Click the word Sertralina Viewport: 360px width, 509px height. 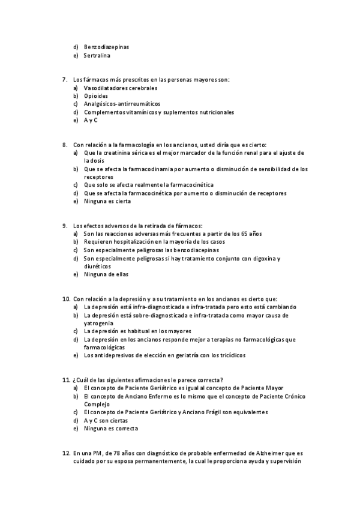coord(97,56)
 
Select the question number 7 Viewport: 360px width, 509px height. coord(65,79)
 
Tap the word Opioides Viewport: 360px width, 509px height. coord(96,95)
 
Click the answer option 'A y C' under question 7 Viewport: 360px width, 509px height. coord(91,120)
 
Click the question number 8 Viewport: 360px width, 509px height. coord(65,145)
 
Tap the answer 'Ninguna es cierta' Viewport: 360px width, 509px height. coord(107,202)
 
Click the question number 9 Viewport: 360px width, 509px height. coord(65,225)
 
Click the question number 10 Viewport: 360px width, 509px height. coord(66,298)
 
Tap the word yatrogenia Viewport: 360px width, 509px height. coord(99,323)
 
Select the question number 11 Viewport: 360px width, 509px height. coord(66,379)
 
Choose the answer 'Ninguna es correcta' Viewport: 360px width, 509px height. coord(111,429)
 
